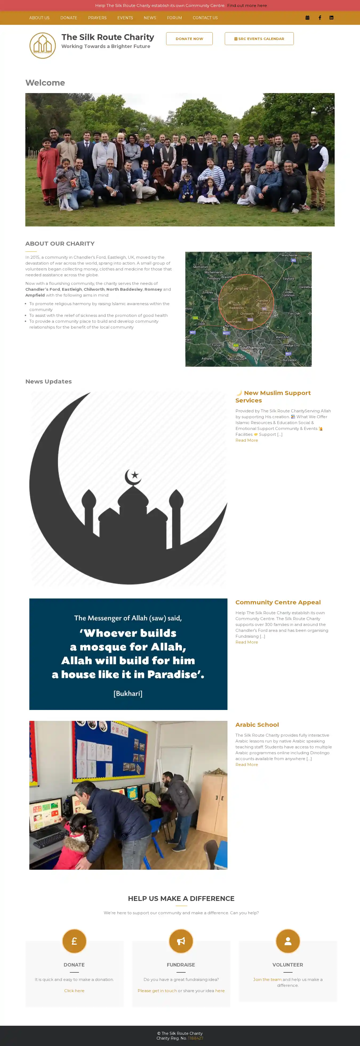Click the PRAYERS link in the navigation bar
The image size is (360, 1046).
click(x=97, y=18)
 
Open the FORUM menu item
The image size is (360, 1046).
click(x=174, y=18)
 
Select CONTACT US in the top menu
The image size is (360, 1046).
click(x=205, y=18)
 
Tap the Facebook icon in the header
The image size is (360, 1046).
click(x=320, y=18)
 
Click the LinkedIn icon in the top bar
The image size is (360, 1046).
click(x=331, y=18)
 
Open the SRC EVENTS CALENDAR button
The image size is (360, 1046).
click(x=259, y=39)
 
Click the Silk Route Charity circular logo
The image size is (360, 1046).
click(x=43, y=46)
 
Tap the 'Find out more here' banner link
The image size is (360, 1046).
click(x=247, y=6)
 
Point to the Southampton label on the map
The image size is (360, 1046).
click(x=253, y=348)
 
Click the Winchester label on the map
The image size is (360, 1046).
click(x=289, y=255)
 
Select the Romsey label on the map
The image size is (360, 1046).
click(x=217, y=299)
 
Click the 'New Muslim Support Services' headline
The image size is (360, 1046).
click(x=273, y=396)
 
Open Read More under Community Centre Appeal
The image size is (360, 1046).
click(x=246, y=642)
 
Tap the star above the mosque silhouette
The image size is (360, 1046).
click(x=135, y=475)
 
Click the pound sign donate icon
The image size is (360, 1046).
click(x=74, y=941)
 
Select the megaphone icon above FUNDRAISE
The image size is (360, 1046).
click(x=181, y=941)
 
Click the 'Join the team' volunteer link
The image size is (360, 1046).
click(x=267, y=979)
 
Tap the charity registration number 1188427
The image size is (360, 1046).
click(x=196, y=1038)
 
